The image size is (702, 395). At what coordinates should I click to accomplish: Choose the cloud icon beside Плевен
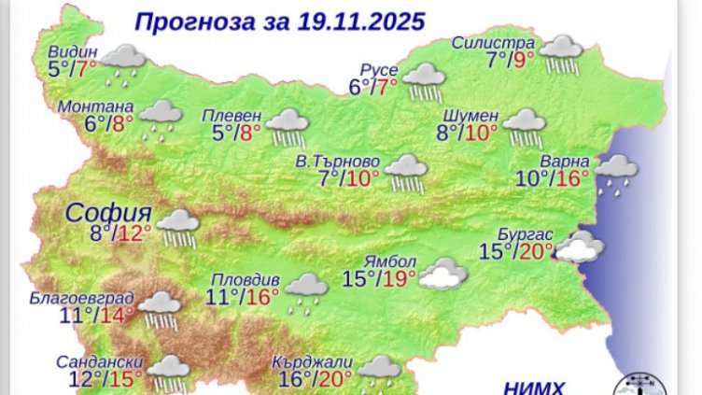coord(287,125)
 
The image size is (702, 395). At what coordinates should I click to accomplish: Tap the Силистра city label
coord(493,43)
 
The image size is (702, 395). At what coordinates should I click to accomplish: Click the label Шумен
coord(474,115)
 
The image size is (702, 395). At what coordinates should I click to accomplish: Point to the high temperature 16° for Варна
coord(574,176)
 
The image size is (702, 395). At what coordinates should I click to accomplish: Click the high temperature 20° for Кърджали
coord(335,378)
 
